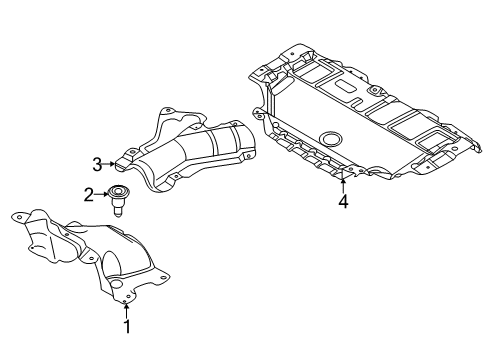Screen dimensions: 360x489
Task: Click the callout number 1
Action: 127,325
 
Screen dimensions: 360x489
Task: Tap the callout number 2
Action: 88,195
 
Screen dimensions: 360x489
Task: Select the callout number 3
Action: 98,163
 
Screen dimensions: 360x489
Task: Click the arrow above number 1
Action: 127,307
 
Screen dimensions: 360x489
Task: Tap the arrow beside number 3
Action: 111,163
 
